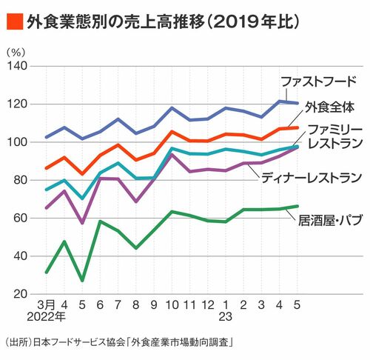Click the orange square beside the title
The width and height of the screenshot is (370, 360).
tap(15, 21)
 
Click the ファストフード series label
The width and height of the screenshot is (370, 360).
tap(319, 81)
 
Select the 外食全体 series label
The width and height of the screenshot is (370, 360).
tap(330, 107)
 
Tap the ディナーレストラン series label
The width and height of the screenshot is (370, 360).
tap(312, 178)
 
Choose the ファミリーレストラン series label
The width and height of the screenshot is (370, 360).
tap(335, 136)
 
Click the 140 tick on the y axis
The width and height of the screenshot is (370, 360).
tap(17, 66)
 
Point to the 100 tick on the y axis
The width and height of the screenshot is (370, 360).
tap(17, 142)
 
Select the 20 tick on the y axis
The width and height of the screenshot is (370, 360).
tap(20, 294)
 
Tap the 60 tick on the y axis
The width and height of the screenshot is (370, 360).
tap(20, 219)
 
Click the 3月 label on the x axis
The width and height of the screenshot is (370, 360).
tap(46, 305)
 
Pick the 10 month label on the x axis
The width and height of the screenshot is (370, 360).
tap(172, 305)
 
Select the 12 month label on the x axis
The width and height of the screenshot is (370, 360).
tap(208, 305)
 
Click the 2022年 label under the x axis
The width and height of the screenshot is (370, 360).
tap(46, 317)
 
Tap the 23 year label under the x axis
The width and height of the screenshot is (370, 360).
tap(226, 317)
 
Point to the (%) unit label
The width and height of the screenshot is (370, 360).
tap(16, 52)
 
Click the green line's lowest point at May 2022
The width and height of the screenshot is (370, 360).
tap(82, 281)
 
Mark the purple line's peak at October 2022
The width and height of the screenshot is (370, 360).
tap(172, 155)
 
